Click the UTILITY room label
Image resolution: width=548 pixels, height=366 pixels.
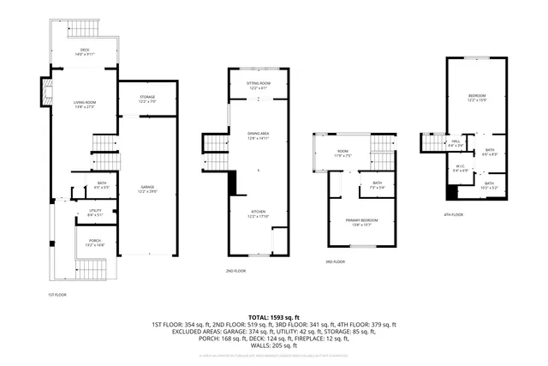pyautogui.click(x=95, y=212)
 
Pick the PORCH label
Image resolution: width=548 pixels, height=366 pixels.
pyautogui.click(x=95, y=243)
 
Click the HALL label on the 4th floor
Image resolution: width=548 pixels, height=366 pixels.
pyautogui.click(x=455, y=143)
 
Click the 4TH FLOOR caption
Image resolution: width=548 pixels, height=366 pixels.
pyautogui.click(x=453, y=215)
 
